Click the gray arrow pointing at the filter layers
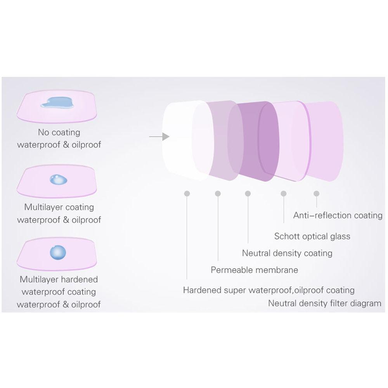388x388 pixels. click(159, 137)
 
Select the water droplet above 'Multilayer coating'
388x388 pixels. click(58, 179)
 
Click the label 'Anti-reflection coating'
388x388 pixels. click(338, 215)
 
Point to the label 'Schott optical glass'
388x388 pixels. click(312, 236)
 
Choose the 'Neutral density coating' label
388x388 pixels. click(287, 253)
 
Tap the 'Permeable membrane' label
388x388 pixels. click(255, 270)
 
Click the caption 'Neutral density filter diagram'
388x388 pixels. click(324, 303)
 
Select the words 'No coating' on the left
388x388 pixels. click(59, 132)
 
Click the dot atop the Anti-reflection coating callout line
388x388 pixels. click(317, 193)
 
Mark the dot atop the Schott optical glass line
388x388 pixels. click(284, 193)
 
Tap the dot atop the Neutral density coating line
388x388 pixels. click(248, 193)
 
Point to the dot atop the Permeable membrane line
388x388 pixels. click(218, 193)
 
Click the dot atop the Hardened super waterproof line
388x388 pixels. click(187, 193)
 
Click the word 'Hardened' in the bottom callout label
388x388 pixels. click(201, 290)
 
